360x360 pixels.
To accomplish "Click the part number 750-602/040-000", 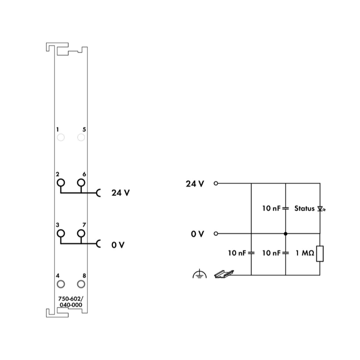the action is point(71,302).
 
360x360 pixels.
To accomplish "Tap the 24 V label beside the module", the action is point(120,193).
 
